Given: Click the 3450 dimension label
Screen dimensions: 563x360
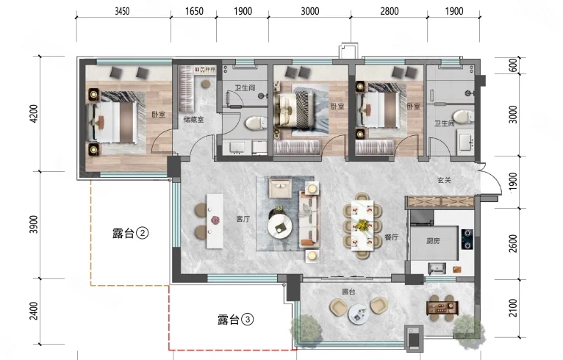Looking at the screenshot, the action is [x=122, y=11].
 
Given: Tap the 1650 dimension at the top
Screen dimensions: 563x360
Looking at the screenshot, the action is [x=194, y=11].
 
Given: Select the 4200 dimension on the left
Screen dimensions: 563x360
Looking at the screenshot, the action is [x=34, y=113].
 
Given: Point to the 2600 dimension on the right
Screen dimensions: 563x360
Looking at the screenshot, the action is [x=514, y=243].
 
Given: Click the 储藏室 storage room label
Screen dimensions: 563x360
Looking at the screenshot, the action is [x=193, y=120].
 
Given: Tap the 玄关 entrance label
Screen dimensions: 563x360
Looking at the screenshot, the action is [x=444, y=180].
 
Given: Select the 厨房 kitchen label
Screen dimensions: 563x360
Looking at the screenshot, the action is [x=433, y=241].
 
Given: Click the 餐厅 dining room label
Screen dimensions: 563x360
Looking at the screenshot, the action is [x=391, y=237].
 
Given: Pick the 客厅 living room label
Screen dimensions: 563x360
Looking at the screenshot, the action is [x=243, y=219].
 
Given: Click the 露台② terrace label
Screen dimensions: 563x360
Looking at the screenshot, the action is [x=130, y=234].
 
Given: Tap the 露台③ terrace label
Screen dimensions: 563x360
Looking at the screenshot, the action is [x=235, y=319].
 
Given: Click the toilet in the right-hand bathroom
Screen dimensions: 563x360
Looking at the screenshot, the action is [x=463, y=117].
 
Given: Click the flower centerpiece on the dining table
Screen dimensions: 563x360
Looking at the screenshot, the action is [x=362, y=225].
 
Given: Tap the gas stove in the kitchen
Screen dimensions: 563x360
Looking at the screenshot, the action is [x=467, y=239].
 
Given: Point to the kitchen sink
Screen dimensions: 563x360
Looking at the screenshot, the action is [x=437, y=268].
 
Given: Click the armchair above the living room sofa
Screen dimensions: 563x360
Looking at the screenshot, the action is [x=281, y=188].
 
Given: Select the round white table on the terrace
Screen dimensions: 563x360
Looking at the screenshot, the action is [x=359, y=314].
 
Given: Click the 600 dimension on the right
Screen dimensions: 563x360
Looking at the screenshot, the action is [x=514, y=65].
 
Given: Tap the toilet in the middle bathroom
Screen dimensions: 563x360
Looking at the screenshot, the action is [x=255, y=123].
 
